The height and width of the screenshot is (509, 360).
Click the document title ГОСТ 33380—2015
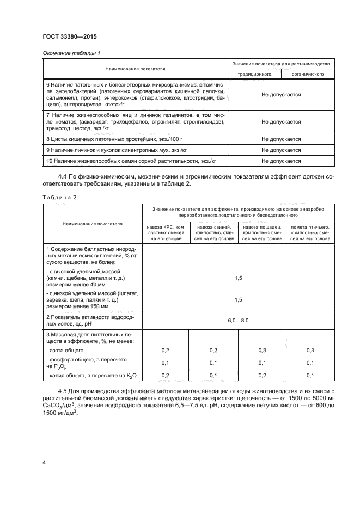click(66, 38)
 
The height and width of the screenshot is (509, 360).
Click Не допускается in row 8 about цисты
click(281, 139)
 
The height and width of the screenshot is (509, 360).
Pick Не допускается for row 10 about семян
click(281, 161)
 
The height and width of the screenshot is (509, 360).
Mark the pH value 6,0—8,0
click(237, 321)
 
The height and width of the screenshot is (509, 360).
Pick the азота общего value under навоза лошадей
click(262, 351)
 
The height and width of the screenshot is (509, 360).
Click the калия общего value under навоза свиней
click(213, 375)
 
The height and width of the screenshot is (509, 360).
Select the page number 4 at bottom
click(44, 462)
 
